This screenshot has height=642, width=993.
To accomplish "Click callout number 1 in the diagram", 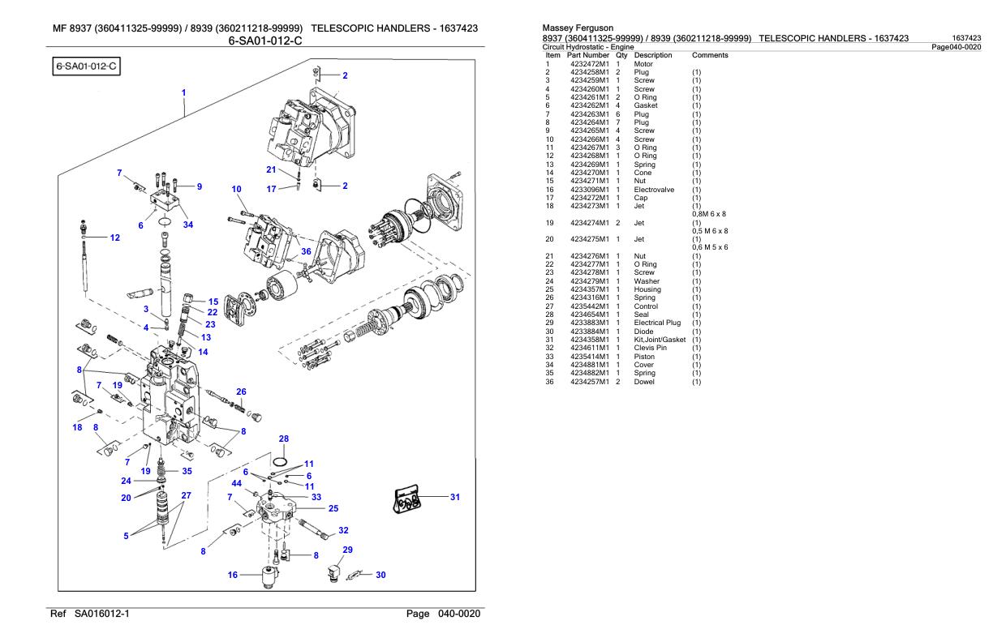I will (184, 92).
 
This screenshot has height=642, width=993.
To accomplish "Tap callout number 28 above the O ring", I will (284, 439).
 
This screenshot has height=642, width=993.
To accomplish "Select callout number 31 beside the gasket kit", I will (454, 497).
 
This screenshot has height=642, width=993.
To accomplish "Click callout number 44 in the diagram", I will (236, 484).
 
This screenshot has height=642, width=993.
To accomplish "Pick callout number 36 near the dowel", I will (306, 251).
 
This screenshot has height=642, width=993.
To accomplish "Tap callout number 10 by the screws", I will (237, 189).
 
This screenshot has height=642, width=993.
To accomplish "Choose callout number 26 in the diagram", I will (240, 392).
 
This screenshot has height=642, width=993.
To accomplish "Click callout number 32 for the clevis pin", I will (343, 530).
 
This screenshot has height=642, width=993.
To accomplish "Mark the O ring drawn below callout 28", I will (279, 460).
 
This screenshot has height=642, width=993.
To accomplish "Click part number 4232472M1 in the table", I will (587, 63).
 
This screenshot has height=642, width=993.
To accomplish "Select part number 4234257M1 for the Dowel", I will (587, 381).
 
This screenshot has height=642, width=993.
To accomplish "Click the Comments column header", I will (710, 55).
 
